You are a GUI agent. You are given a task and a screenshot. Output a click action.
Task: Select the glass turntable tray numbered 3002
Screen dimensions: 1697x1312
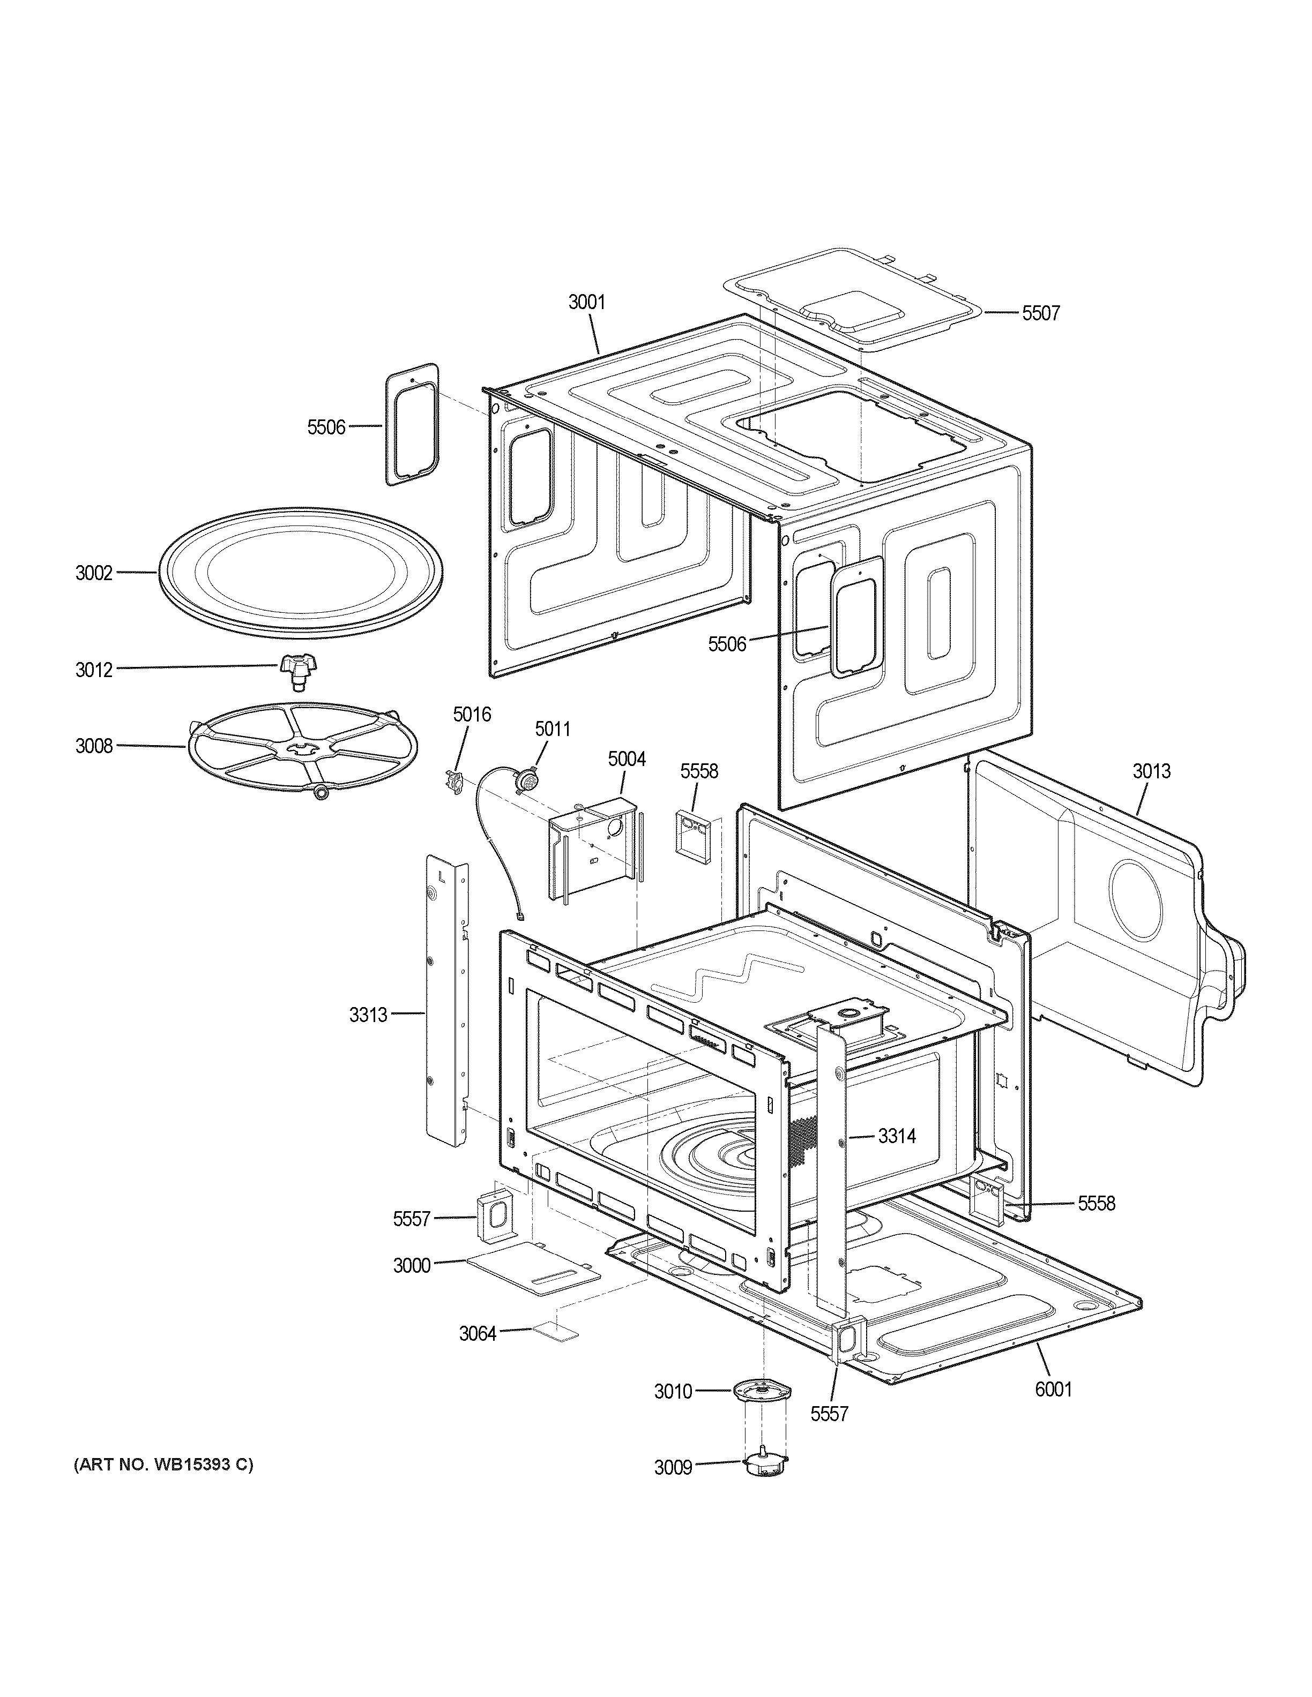tap(302, 575)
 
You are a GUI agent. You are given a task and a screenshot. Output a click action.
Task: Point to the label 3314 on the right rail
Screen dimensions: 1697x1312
tap(897, 1136)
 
